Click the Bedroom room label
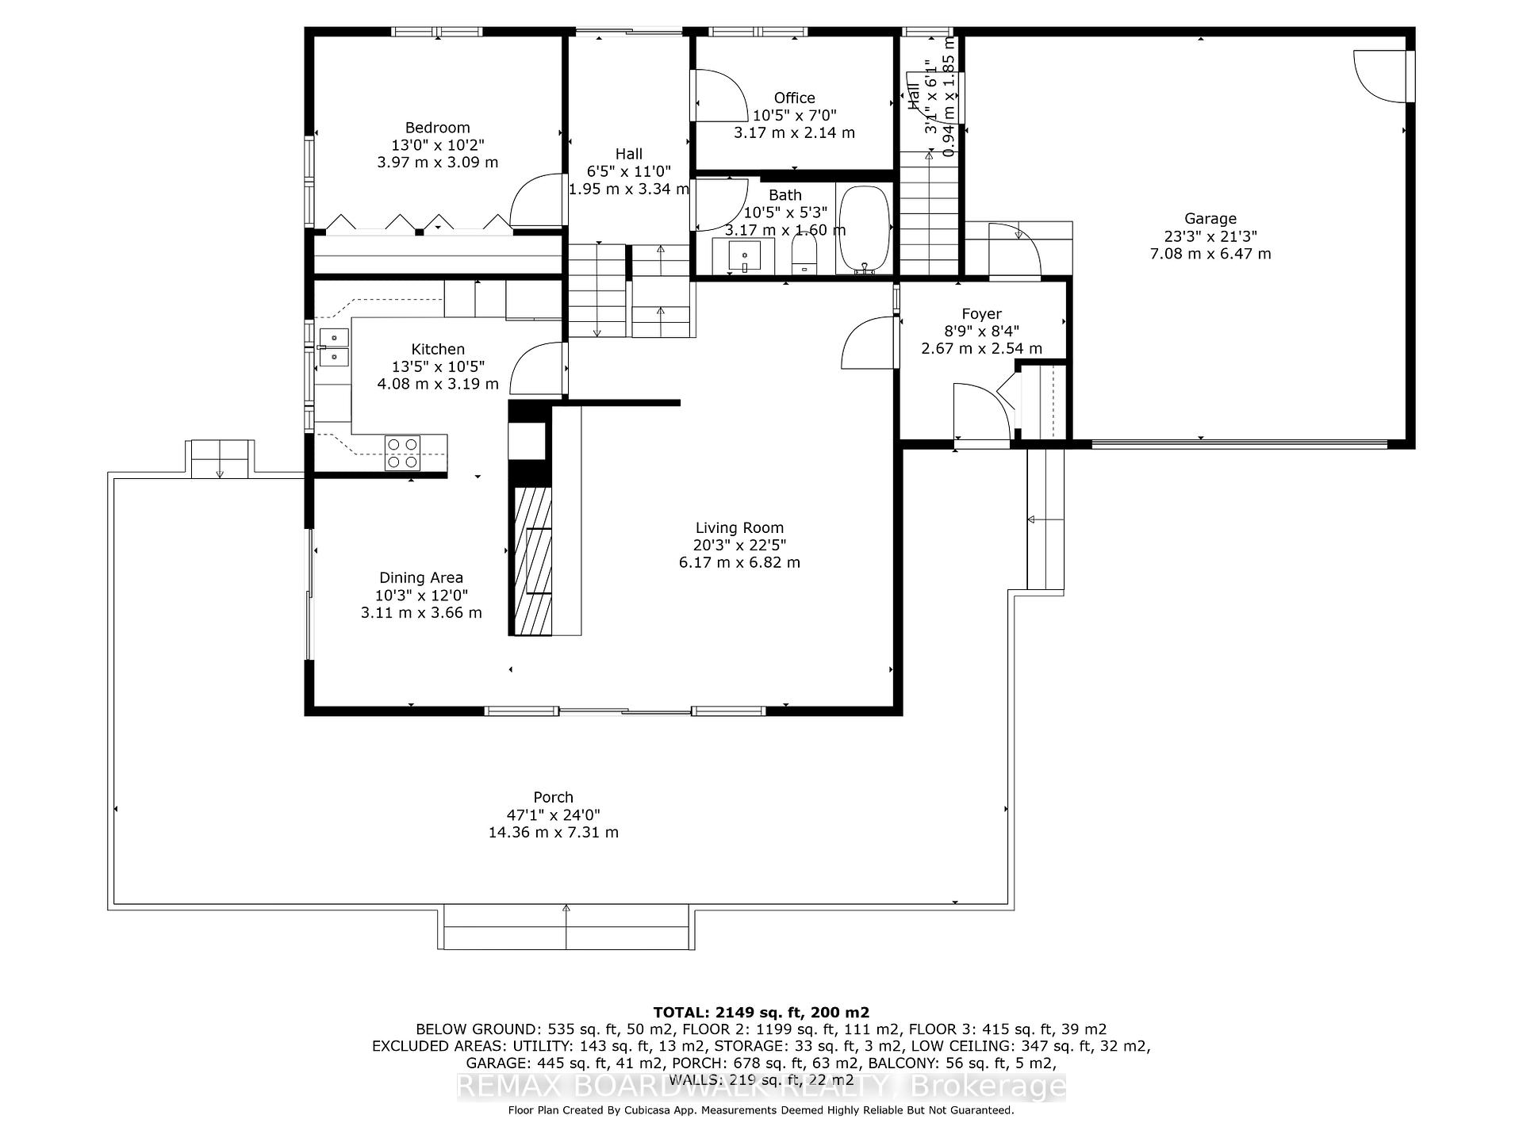click(437, 128)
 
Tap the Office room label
click(794, 98)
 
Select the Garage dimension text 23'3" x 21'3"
click(1210, 236)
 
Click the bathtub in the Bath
click(864, 228)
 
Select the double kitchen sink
click(334, 347)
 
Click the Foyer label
click(981, 314)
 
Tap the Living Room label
click(739, 527)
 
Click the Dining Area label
click(420, 578)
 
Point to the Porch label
click(553, 798)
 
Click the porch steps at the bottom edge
click(566, 927)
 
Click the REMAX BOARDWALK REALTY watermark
click(761, 1086)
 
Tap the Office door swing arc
click(718, 95)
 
